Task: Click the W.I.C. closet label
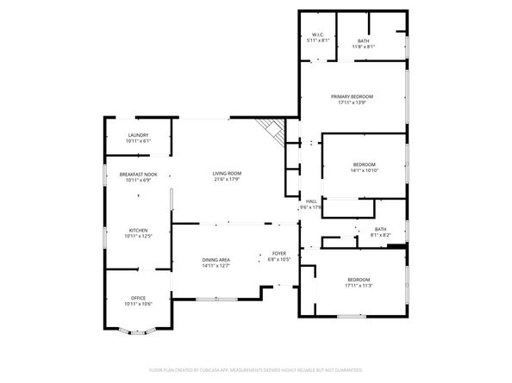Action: (x=317, y=36)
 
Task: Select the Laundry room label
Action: (x=138, y=135)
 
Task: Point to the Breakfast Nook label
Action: (x=138, y=175)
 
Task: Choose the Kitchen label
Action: (x=138, y=230)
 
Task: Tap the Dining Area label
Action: (x=215, y=260)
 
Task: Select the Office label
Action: (x=138, y=298)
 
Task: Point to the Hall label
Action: (x=311, y=201)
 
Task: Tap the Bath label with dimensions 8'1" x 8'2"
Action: (x=380, y=229)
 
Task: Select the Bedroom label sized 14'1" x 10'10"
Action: (x=364, y=164)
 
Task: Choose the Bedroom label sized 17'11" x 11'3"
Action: (x=359, y=280)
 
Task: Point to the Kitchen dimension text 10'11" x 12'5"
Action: (x=138, y=236)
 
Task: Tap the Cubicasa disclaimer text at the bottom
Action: (x=255, y=369)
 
